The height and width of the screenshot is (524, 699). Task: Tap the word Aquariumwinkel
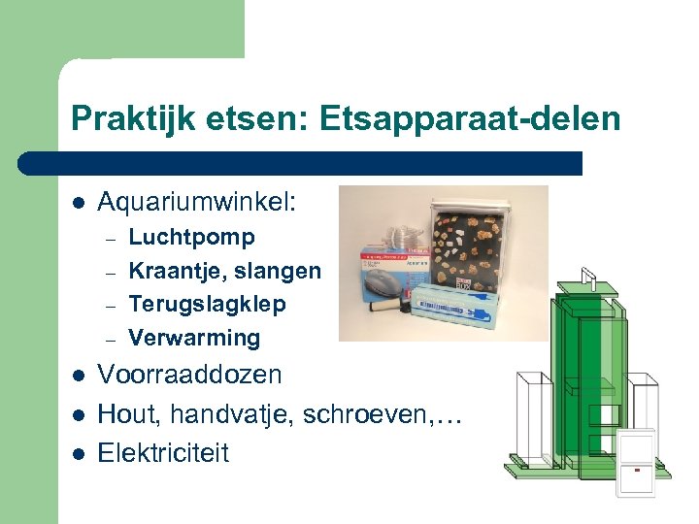pos(197,203)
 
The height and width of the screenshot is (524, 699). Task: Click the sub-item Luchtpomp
pos(192,238)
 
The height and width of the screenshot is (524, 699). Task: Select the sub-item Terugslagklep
pos(207,304)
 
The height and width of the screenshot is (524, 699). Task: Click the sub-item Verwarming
pos(194,338)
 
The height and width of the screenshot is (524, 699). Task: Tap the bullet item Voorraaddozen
pos(190,375)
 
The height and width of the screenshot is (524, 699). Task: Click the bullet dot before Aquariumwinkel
pos(78,204)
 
